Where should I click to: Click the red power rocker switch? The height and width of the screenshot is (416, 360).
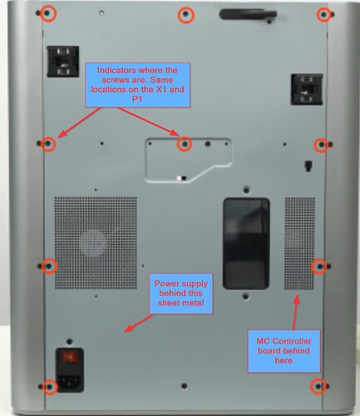point(70,358)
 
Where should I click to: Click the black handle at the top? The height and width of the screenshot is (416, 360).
point(248,14)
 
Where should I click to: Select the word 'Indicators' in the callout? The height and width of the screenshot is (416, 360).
point(116,70)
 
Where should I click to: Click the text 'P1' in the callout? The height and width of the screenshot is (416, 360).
point(137,99)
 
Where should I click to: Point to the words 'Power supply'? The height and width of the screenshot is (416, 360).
point(181,284)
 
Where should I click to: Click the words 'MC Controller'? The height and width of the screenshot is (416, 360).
point(284,341)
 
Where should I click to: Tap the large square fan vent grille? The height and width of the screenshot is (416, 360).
point(96,243)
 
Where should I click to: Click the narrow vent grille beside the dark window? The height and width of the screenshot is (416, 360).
point(299,244)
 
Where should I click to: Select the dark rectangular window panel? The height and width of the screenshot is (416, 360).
point(246,244)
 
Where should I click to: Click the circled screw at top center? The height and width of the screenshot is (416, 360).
point(185,15)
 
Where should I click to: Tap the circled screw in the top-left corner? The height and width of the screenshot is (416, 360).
point(48,13)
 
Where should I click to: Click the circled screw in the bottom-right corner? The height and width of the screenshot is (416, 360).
point(318,386)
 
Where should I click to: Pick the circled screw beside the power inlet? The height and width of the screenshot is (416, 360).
point(50,387)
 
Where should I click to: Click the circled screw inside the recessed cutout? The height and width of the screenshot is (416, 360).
point(185,144)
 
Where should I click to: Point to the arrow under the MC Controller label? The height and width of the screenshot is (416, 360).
point(295,313)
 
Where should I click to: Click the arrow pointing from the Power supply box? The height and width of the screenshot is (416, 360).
point(138,323)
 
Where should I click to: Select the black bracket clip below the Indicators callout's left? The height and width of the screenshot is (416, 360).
point(63,62)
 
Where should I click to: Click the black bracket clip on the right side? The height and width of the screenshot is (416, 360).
point(307,89)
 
